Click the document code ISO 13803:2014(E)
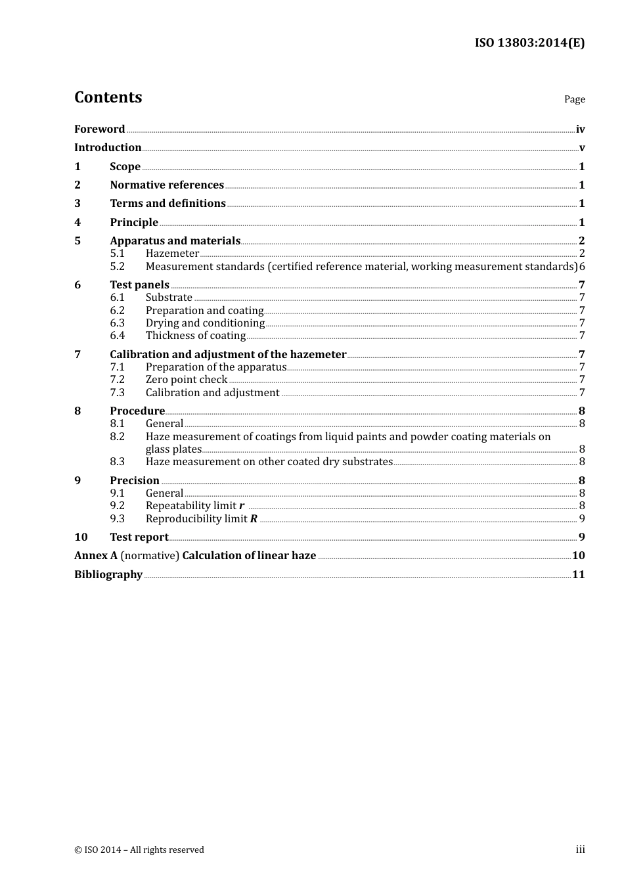click(529, 43)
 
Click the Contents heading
click(108, 97)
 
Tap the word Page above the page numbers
click(574, 99)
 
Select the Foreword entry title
click(99, 129)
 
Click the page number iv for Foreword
click(580, 129)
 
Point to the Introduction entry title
click(108, 147)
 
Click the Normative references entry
click(167, 185)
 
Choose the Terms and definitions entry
click(167, 203)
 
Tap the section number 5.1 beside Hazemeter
click(117, 253)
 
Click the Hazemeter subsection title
click(172, 253)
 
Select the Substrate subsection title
click(169, 297)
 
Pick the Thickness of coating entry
click(196, 335)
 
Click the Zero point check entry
click(187, 379)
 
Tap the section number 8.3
click(117, 461)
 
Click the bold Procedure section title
click(137, 411)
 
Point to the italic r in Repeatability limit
click(242, 506)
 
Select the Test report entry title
click(139, 537)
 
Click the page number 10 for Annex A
click(578, 555)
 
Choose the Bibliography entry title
click(108, 574)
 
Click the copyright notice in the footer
click(139, 849)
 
